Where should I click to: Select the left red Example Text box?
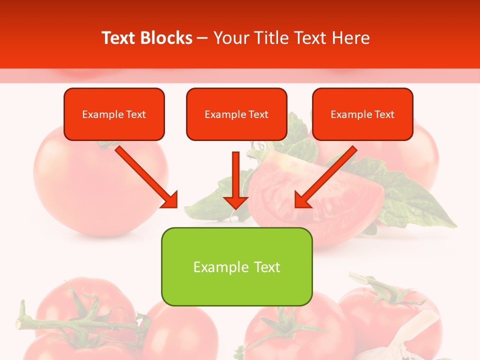tap(114, 114)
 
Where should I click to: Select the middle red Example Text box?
tap(236, 114)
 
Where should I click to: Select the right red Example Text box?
tap(362, 114)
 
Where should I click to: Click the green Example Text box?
tap(236, 266)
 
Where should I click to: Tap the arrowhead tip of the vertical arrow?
tap(235, 207)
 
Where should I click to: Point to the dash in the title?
tap(202, 38)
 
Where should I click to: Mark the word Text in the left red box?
tap(136, 114)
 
